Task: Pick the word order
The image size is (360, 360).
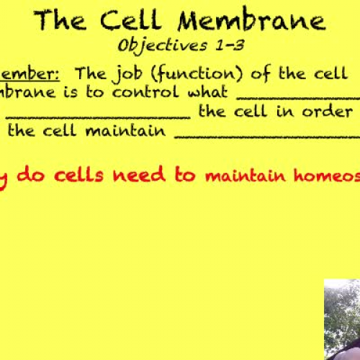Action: pyautogui.click(x=333, y=112)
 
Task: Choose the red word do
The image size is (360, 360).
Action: pyautogui.click(x=30, y=175)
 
